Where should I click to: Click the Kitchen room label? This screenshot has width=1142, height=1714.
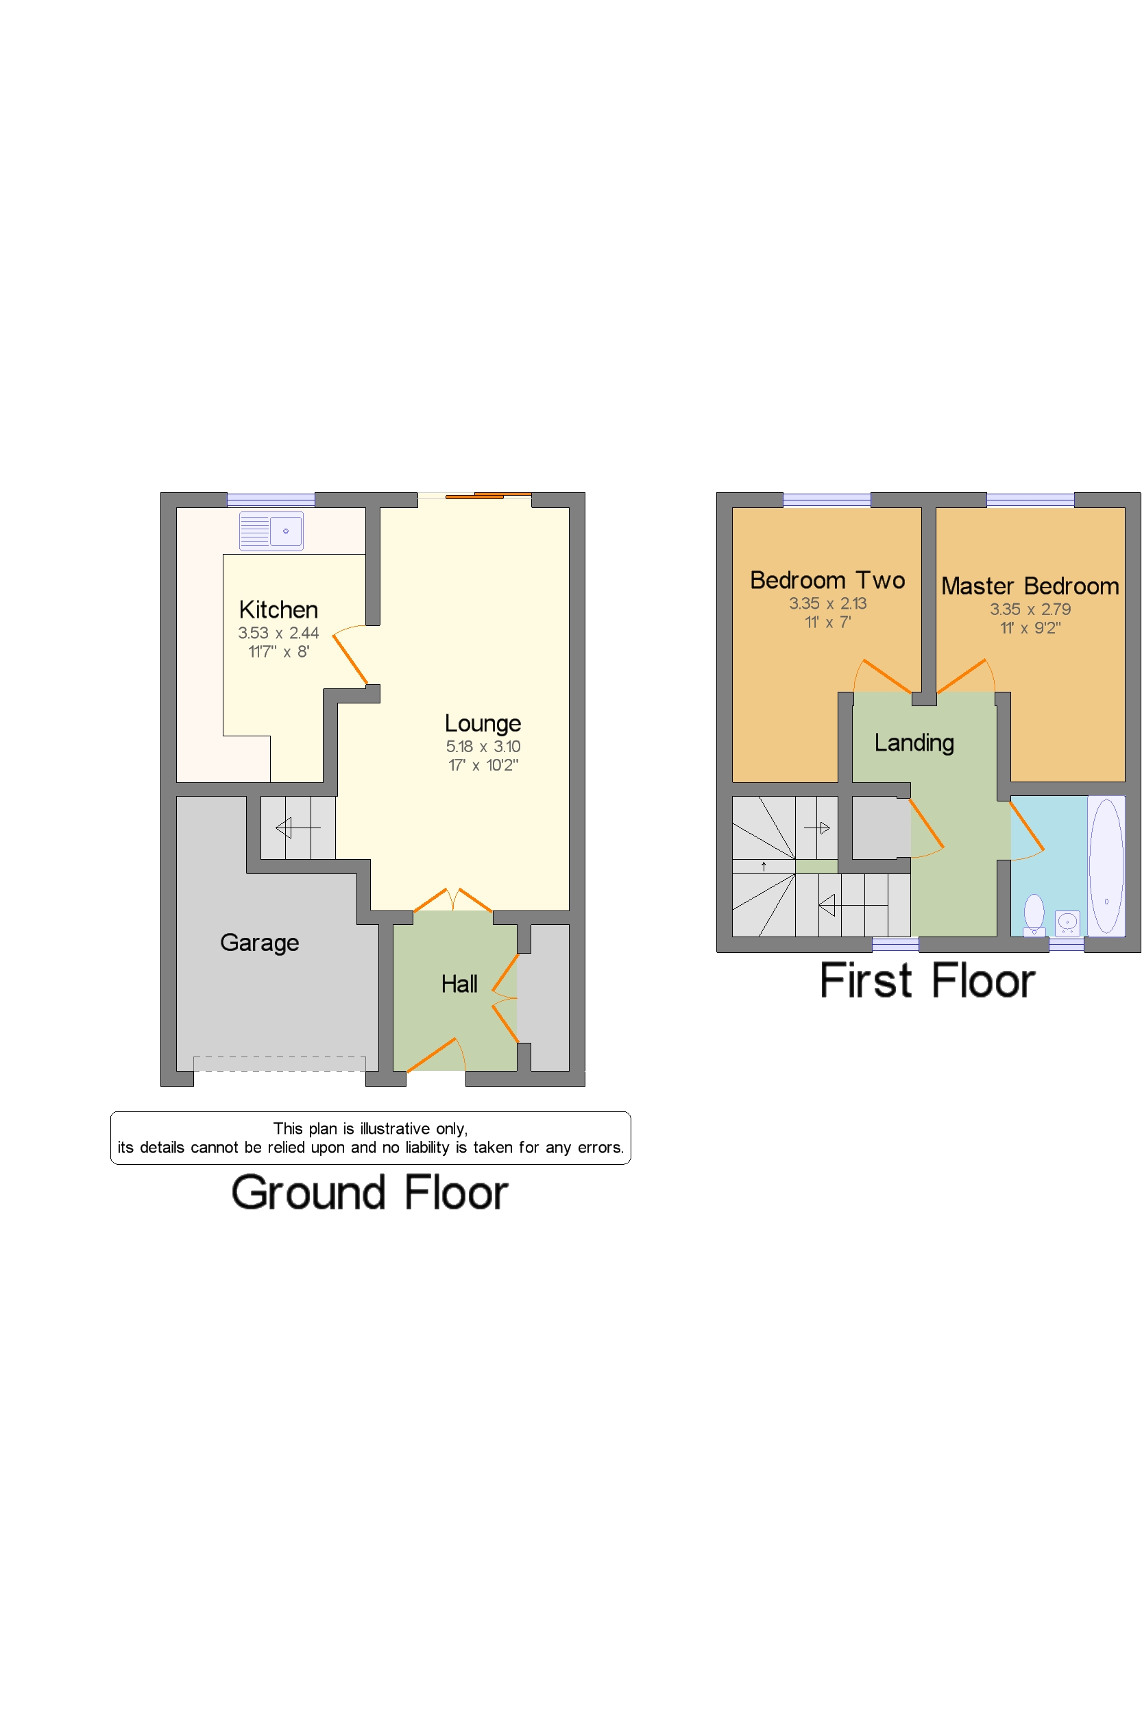point(278,609)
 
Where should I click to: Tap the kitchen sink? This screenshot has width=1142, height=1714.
point(271,531)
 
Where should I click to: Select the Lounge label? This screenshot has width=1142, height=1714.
point(483,724)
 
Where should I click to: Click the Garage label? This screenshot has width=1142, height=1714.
point(259,943)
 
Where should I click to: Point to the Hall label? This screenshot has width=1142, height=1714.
point(459,984)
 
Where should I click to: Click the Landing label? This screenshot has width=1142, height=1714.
point(914,743)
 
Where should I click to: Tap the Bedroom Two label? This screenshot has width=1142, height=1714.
point(827,580)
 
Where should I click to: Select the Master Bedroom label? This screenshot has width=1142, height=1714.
point(1030,586)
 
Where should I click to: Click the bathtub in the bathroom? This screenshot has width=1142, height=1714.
point(1106,865)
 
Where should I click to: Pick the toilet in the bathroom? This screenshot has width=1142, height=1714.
point(1034,915)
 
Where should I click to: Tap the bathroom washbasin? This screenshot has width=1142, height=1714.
point(1067,922)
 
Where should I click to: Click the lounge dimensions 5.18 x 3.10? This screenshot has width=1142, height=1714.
point(483,746)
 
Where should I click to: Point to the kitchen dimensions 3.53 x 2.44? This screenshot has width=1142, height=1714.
point(278,633)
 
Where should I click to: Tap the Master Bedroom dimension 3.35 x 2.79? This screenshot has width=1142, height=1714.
point(1030,609)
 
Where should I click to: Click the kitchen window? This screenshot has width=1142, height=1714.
point(271,500)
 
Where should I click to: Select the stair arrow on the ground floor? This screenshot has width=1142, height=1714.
point(298,828)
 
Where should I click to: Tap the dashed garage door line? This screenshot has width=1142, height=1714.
point(279,1064)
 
